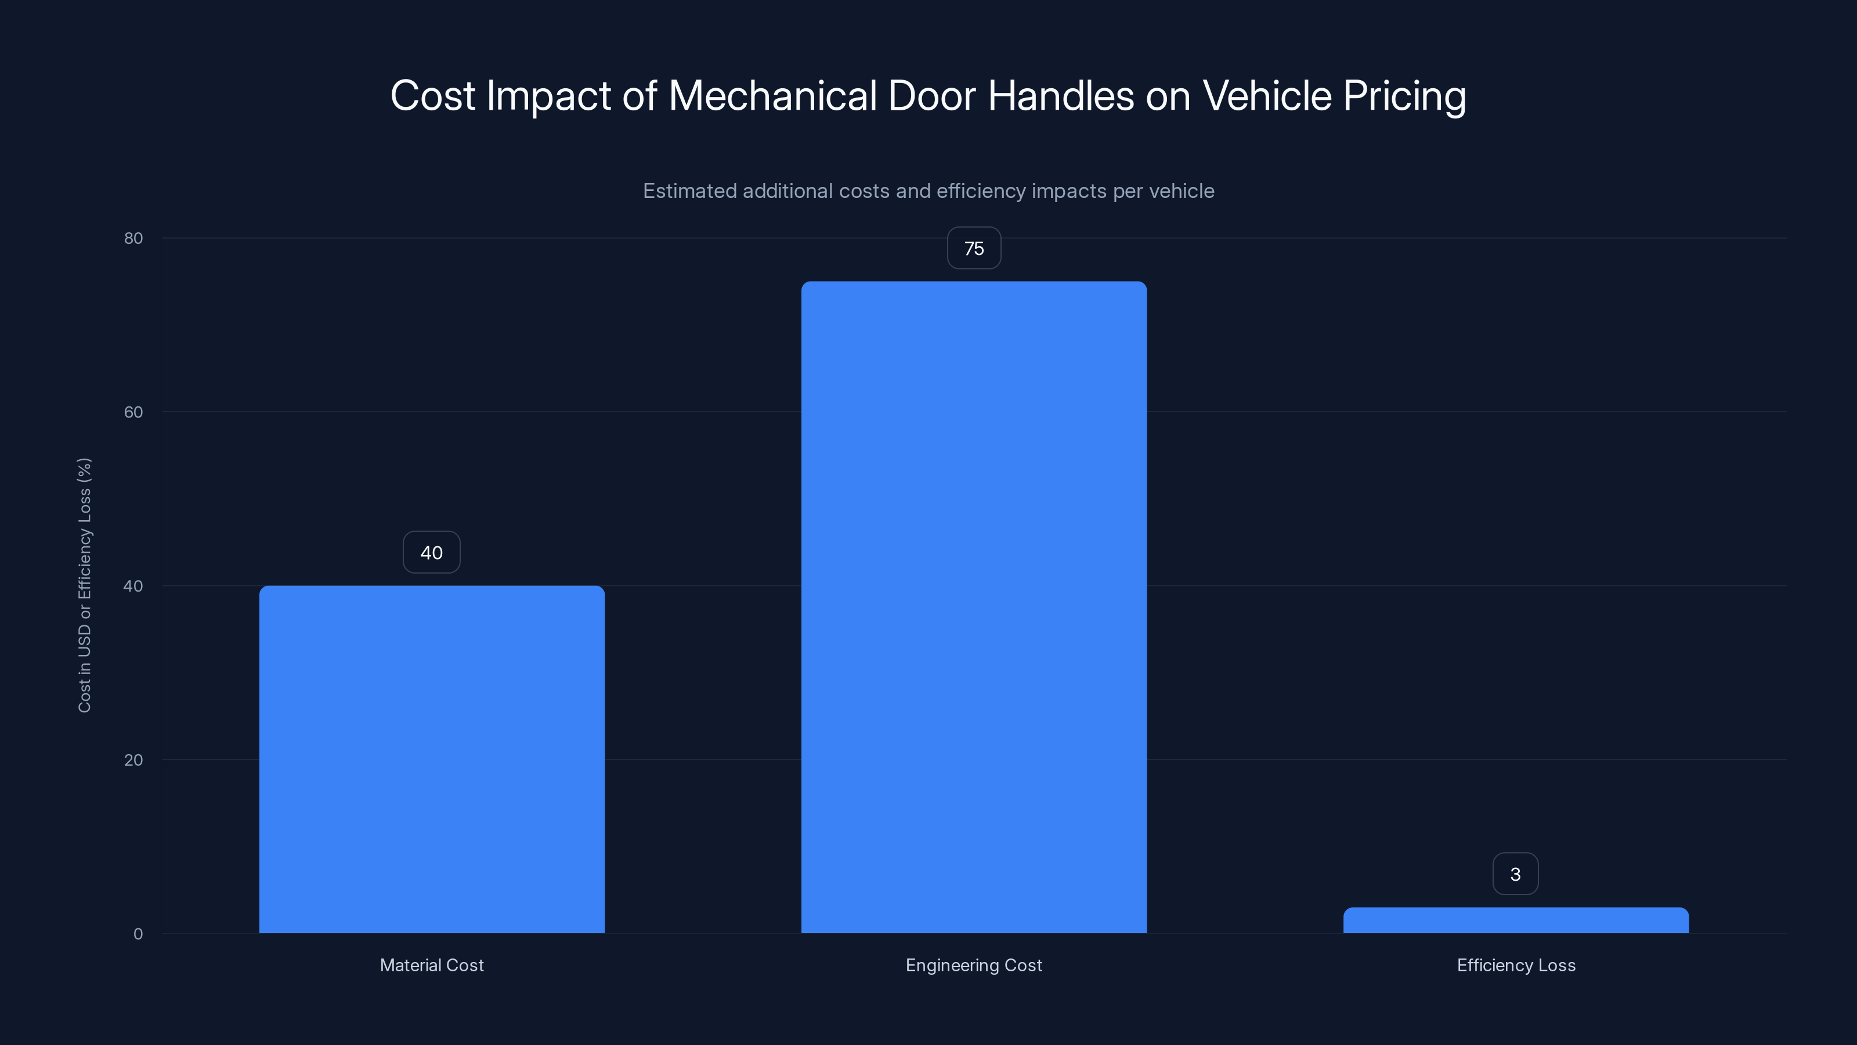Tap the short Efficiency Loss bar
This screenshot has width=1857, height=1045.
(x=1515, y=920)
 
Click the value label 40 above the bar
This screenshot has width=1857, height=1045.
(x=431, y=553)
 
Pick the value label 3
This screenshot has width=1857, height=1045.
(x=1515, y=874)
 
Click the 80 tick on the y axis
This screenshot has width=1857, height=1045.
(x=133, y=238)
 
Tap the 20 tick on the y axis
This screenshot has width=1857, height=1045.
(x=133, y=759)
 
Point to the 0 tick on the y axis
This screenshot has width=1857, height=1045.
(x=138, y=934)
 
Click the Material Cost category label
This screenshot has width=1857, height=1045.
(x=432, y=965)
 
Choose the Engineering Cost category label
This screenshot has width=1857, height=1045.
(x=974, y=965)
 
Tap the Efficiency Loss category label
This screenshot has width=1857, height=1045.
(x=1516, y=965)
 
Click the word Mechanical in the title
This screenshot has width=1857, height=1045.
(x=772, y=96)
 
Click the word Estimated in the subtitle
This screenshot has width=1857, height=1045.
(x=689, y=191)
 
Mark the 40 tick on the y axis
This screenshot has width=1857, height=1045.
(x=133, y=586)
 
